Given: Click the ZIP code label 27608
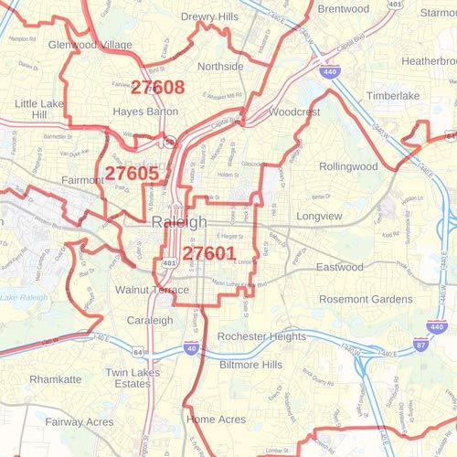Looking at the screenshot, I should pos(157,88).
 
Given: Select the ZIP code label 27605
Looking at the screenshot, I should pos(132,173).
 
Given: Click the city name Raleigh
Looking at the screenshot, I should pos(179,223).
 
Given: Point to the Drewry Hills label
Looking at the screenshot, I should pos(210,17).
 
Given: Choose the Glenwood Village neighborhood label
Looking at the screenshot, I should pos(90,44).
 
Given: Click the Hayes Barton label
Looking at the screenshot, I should pos(143,112).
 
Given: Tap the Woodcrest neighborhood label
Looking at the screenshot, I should pos(294,112).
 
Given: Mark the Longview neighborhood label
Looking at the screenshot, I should pos(344,217).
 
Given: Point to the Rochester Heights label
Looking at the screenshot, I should pos(262,336).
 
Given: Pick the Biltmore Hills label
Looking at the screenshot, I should pos(250,364).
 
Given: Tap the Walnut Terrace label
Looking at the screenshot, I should pos(152,290).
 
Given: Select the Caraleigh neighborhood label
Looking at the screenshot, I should pos(149,321).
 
